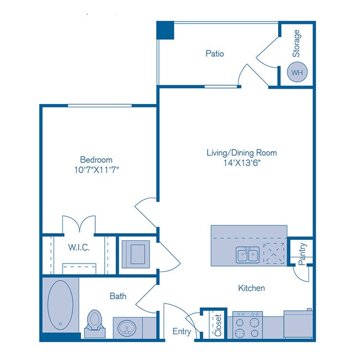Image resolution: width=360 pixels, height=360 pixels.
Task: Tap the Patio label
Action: pyautogui.click(x=214, y=54)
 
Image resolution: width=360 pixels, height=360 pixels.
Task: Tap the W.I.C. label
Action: pyautogui.click(x=79, y=246)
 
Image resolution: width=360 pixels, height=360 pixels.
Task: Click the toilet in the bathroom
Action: pyautogui.click(x=95, y=321)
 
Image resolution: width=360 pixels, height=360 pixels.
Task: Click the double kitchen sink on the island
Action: pyautogui.click(x=247, y=255)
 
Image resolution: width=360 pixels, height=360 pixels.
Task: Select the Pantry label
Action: pyautogui.click(x=302, y=254)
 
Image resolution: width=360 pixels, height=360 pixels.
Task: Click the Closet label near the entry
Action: pyautogui.click(x=218, y=326)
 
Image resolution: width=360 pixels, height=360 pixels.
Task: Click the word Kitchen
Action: pyautogui.click(x=251, y=288)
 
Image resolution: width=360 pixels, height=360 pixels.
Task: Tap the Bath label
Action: pyautogui.click(x=117, y=296)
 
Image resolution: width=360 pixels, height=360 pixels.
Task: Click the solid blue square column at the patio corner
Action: pyautogui.click(x=165, y=30)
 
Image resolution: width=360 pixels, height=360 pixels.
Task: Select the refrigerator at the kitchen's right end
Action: pyautogui.click(x=299, y=325)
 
